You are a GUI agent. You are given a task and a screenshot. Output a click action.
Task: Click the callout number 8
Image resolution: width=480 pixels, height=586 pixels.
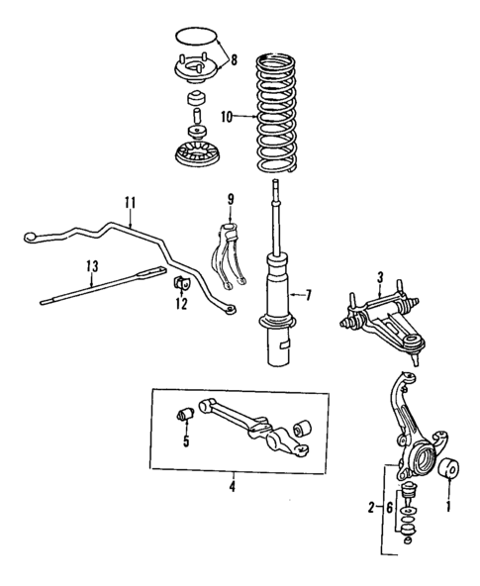pyautogui.click(x=234, y=59)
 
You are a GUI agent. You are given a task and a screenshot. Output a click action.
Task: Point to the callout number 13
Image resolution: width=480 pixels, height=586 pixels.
pyautogui.click(x=92, y=264)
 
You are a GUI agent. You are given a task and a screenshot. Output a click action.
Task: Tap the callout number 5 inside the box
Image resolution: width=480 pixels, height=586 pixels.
pyautogui.click(x=184, y=440)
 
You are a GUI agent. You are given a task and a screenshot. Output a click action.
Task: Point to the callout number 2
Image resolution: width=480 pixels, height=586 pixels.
pyautogui.click(x=371, y=508)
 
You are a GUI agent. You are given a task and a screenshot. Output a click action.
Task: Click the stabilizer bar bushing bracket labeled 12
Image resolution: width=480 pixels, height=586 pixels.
pyautogui.click(x=181, y=285)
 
